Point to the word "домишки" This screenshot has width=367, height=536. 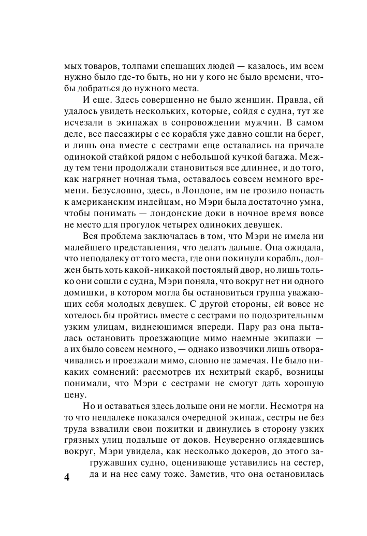coord(83,287)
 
